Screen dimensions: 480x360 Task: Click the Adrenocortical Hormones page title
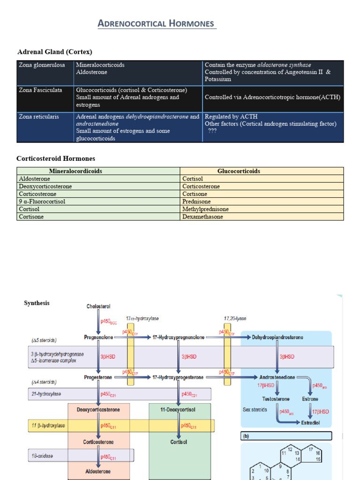tap(157, 23)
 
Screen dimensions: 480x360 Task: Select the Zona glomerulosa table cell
tap(42, 65)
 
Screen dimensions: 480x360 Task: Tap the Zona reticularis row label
tap(39, 117)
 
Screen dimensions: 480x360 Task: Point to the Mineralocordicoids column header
tap(75, 171)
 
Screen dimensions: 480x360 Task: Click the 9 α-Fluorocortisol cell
tap(42, 202)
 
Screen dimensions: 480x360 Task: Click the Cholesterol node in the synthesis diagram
tap(98, 307)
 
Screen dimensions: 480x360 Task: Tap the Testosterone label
tap(276, 399)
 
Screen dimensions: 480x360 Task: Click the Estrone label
tap(310, 399)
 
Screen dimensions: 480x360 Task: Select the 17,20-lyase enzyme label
tap(235, 319)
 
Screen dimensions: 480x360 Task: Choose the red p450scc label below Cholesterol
tap(109, 322)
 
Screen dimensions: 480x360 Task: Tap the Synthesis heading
tap(37, 303)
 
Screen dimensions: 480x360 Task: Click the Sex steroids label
tap(255, 410)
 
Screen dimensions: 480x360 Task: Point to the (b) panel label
tap(246, 436)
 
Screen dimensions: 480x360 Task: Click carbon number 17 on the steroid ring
tap(310, 450)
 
